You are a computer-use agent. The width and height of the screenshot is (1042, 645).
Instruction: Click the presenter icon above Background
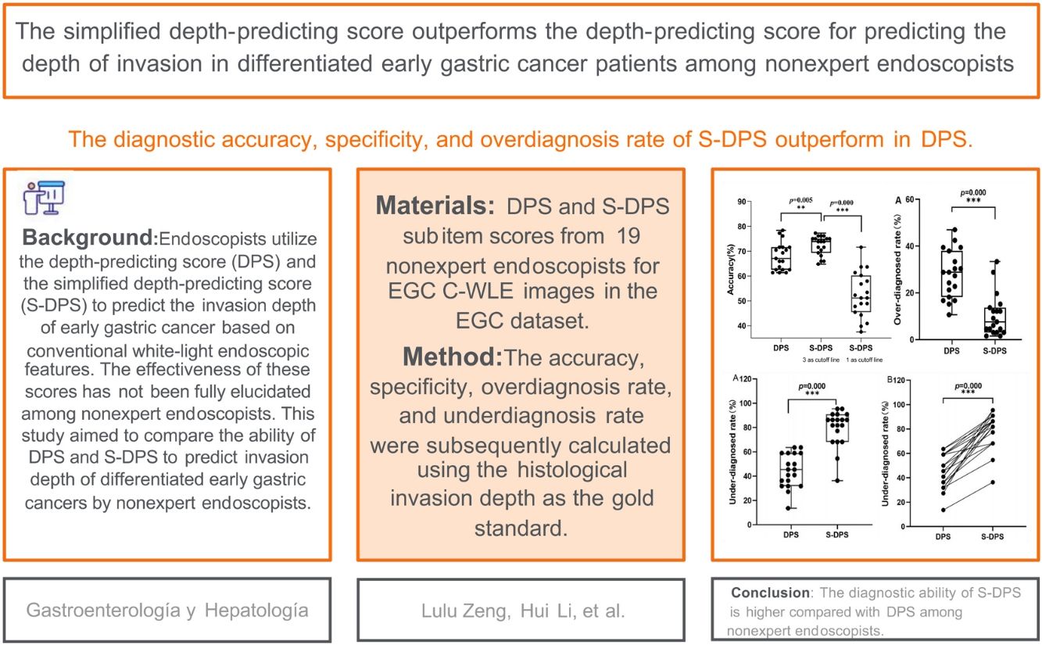coord(44,196)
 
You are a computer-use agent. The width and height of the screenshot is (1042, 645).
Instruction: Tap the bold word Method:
coord(453,357)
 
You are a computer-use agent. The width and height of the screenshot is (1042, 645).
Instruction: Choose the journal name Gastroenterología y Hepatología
coord(167,611)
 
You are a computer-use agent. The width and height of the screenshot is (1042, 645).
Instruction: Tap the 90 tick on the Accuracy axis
coord(740,202)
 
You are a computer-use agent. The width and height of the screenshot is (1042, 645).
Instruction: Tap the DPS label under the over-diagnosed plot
coord(951,350)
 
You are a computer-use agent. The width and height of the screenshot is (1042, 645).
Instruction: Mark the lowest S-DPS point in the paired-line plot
coord(993,482)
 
